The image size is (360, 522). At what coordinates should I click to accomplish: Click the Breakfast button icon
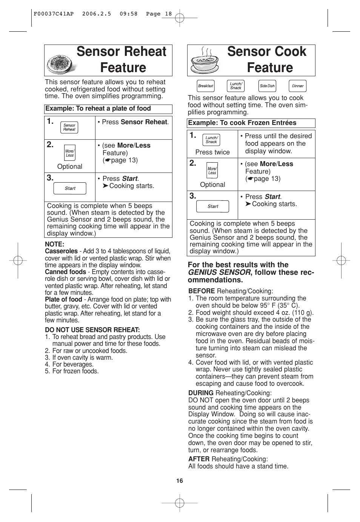[x=206, y=86]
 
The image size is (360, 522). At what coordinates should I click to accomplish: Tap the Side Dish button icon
[x=267, y=86]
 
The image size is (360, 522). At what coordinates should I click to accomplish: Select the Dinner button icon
[x=297, y=86]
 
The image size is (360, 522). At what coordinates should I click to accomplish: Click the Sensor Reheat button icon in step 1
[x=69, y=128]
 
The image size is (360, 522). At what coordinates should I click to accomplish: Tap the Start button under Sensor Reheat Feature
[x=70, y=188]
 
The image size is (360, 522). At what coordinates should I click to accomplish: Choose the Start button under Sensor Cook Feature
[x=212, y=206]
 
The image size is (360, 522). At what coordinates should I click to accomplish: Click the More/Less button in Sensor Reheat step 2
[x=69, y=153]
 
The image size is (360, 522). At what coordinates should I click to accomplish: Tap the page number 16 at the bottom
[x=180, y=480]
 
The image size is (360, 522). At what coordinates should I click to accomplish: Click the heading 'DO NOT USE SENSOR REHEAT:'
[x=92, y=330]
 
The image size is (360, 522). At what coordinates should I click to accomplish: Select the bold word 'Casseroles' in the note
[x=61, y=251]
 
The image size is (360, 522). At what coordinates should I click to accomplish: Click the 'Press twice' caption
[x=212, y=152]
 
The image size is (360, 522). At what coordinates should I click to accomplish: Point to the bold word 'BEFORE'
[x=202, y=291]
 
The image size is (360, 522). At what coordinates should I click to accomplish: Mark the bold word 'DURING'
[x=201, y=393]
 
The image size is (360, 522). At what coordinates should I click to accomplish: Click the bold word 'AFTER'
[x=199, y=459]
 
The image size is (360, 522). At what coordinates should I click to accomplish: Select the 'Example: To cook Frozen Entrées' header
[x=242, y=123]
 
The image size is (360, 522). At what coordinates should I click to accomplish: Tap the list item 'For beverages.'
[x=72, y=364]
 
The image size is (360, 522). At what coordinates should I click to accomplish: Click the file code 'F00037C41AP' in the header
[x=54, y=14]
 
